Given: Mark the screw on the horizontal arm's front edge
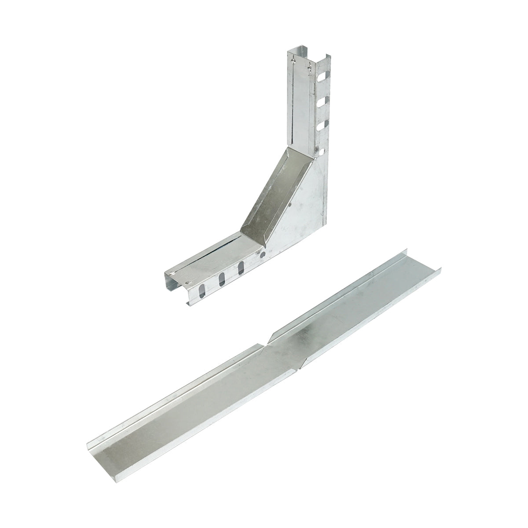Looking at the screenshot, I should (189, 283).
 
